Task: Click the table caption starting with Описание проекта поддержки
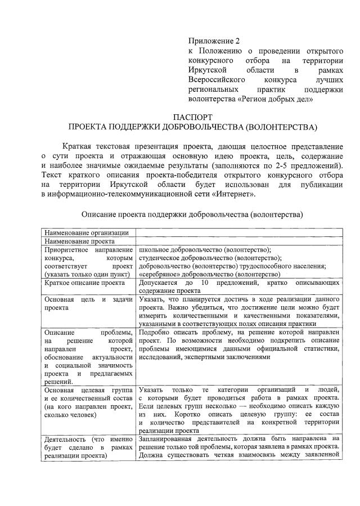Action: click(192, 214)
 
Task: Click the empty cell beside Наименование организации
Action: click(238, 233)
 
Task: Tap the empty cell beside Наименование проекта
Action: click(238, 241)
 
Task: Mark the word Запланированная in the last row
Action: click(169, 438)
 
